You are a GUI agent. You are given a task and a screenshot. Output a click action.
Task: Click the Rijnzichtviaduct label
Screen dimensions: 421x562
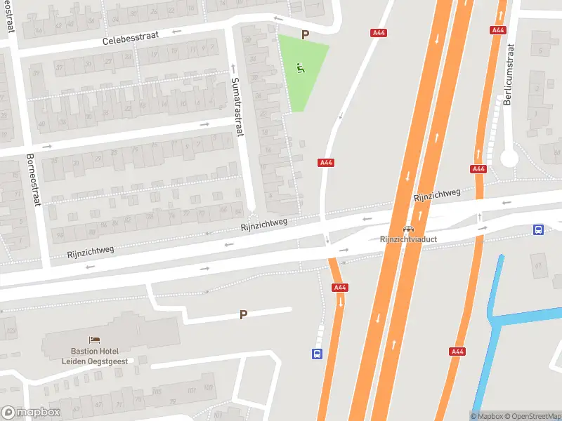(x=407, y=239)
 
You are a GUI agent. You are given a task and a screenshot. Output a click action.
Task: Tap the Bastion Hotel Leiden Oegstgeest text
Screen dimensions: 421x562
(x=94, y=355)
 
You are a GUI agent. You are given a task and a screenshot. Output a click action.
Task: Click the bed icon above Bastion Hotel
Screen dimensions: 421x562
(x=94, y=340)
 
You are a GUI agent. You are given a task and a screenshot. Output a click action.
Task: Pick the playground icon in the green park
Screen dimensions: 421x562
(x=300, y=69)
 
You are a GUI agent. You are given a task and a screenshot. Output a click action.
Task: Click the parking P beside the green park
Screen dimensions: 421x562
(x=305, y=34)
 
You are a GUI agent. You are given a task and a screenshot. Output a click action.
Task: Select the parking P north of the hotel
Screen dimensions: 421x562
(x=243, y=315)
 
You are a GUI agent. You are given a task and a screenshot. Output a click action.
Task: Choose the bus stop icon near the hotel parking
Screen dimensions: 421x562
(x=318, y=354)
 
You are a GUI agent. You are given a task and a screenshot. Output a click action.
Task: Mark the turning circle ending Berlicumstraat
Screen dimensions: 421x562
(x=509, y=159)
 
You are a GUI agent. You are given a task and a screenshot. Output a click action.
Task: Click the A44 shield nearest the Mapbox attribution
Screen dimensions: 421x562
(x=458, y=352)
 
